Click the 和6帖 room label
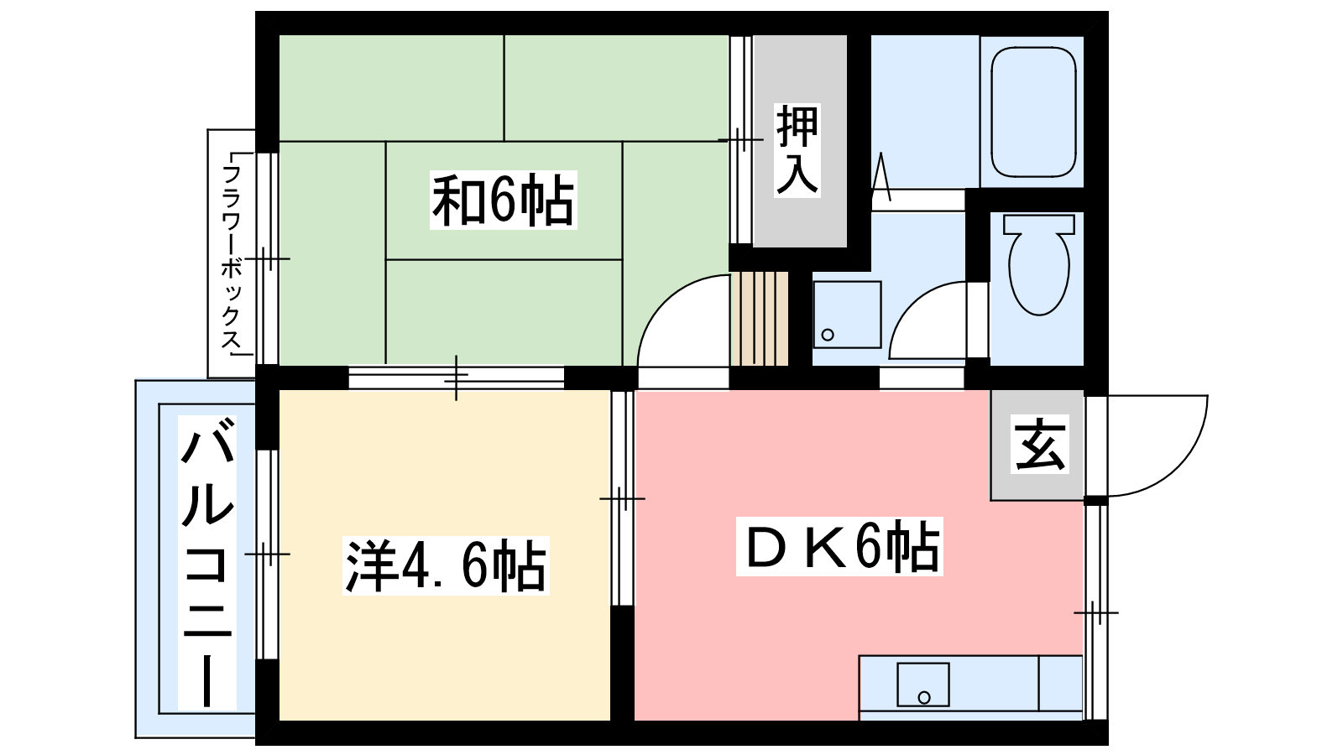(x=503, y=200)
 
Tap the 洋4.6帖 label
(x=446, y=565)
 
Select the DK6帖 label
(x=839, y=546)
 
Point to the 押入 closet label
(x=797, y=150)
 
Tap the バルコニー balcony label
(x=206, y=562)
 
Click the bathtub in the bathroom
(x=1033, y=112)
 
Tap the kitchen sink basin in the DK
(x=922, y=685)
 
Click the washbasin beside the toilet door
(x=847, y=315)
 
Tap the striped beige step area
(x=760, y=318)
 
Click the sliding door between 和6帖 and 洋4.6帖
(x=457, y=377)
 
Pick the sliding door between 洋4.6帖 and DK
(x=622, y=498)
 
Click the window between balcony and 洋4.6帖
(x=268, y=555)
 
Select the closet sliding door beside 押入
(x=741, y=139)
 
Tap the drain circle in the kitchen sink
(x=924, y=697)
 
